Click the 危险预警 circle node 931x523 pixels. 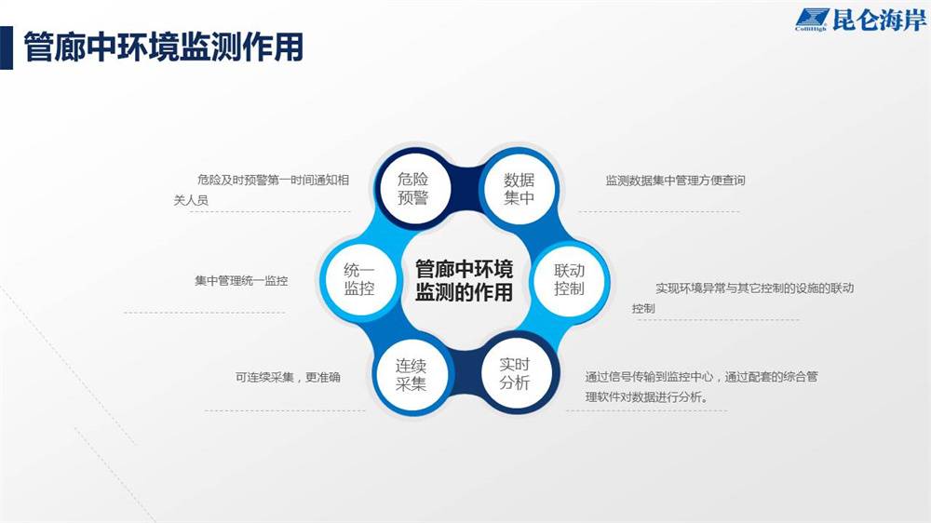[414, 188]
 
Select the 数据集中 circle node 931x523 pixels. [519, 188]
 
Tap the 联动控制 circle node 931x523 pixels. [570, 279]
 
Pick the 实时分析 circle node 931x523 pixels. [515, 373]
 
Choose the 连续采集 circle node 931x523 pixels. [411, 375]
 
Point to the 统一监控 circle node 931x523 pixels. [359, 279]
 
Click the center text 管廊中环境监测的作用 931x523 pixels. [464, 280]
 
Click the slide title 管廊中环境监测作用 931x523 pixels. [163, 47]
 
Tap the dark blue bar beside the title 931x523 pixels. [6, 48]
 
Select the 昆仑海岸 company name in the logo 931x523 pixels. [880, 20]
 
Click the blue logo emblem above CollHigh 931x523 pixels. [811, 17]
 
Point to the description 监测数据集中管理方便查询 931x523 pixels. [675, 181]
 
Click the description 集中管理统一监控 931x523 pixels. [241, 281]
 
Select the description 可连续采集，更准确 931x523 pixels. [288, 377]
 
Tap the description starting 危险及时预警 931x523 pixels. [262, 190]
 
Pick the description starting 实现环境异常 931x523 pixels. [743, 298]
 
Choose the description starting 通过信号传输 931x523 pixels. [701, 386]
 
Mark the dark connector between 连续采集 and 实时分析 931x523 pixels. [463, 373]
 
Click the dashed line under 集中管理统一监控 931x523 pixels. [204, 313]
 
